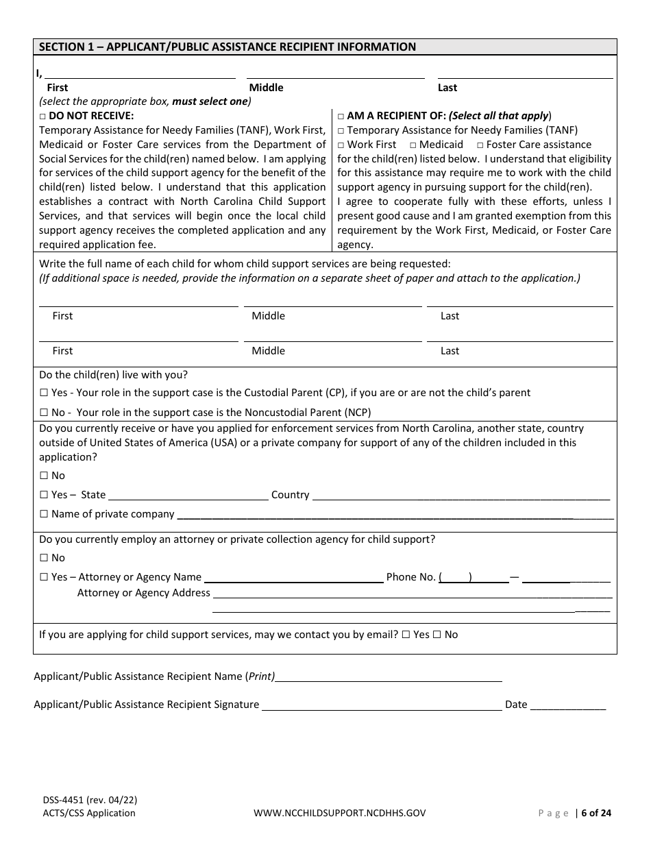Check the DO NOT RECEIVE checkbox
[42, 117]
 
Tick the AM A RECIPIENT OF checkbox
[341, 117]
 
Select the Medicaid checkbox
[413, 145]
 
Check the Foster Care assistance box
[480, 145]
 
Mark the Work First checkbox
[341, 145]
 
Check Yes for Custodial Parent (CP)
[44, 393]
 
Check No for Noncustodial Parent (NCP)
[44, 413]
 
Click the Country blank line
[460, 495]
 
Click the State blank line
[188, 495]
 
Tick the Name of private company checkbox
[44, 514]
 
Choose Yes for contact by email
[406, 635]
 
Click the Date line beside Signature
[568, 705]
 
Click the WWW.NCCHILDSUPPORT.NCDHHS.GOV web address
[339, 814]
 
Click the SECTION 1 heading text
[227, 47]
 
